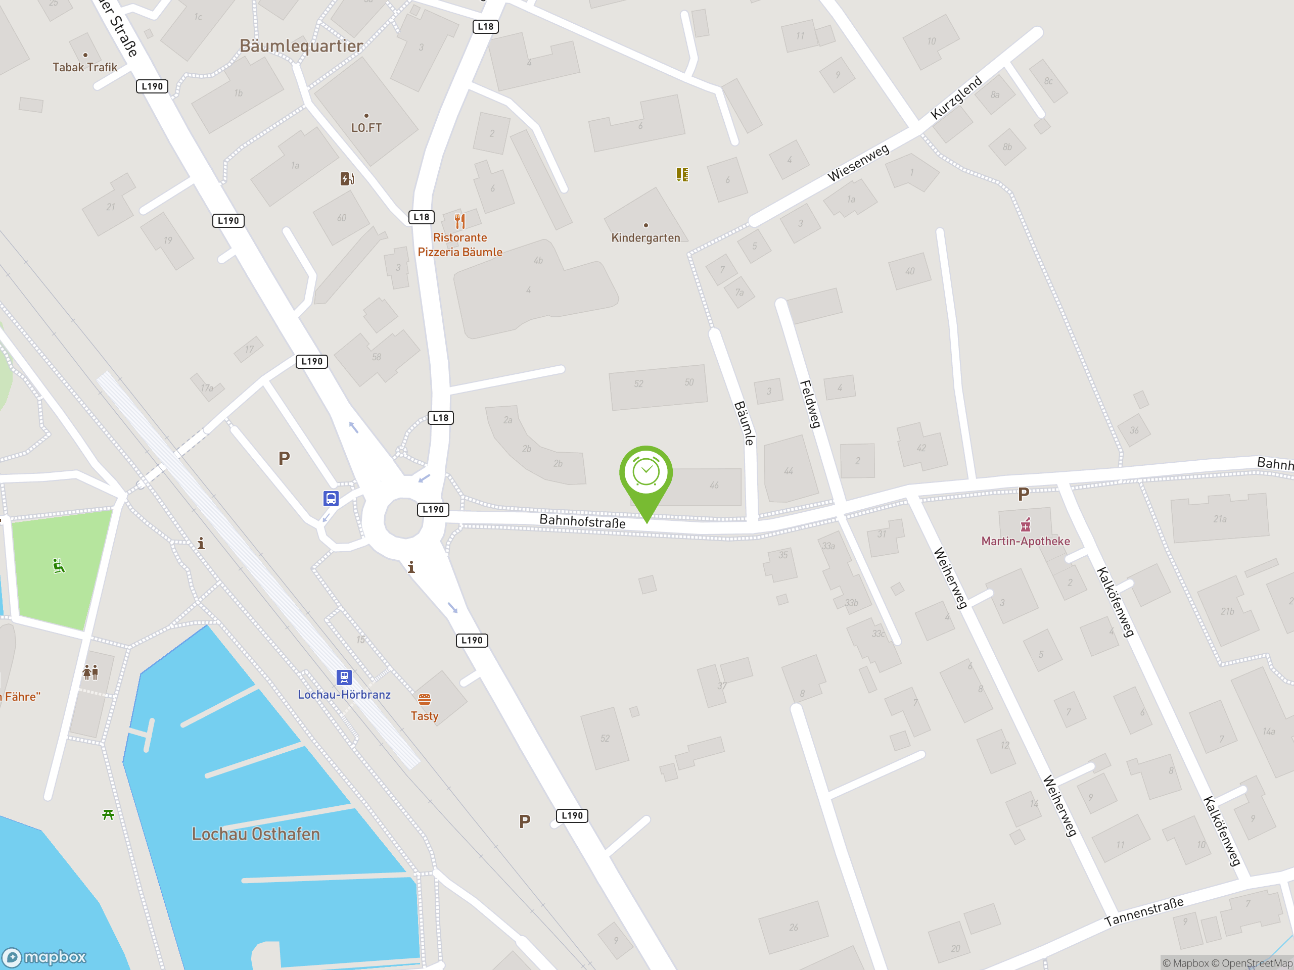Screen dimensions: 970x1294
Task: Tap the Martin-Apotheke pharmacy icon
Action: (x=1026, y=524)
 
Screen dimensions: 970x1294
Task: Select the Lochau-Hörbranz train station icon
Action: (x=344, y=677)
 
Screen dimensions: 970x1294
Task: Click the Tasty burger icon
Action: (x=425, y=699)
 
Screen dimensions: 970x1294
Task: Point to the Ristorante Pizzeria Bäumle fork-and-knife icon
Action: (x=460, y=221)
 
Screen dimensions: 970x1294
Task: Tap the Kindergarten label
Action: (x=645, y=237)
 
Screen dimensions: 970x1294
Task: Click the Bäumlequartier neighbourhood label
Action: (x=301, y=45)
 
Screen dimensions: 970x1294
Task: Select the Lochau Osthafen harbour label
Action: (x=256, y=834)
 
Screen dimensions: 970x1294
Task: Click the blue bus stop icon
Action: (x=331, y=498)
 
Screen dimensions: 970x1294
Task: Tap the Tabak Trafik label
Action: (x=85, y=67)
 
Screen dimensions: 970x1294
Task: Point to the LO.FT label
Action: (x=366, y=127)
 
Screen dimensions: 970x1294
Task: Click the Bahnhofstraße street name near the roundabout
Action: (x=582, y=521)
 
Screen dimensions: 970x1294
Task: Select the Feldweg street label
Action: (x=810, y=404)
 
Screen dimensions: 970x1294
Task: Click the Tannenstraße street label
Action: (x=1144, y=912)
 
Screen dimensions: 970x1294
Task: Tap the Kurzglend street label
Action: (x=956, y=98)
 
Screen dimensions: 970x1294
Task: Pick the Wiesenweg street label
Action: (x=858, y=163)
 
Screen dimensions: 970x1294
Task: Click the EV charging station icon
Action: (x=347, y=178)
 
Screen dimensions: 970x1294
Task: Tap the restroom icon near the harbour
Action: (x=90, y=672)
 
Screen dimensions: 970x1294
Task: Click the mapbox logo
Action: (x=44, y=957)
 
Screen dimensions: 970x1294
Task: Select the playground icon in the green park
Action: (x=59, y=566)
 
